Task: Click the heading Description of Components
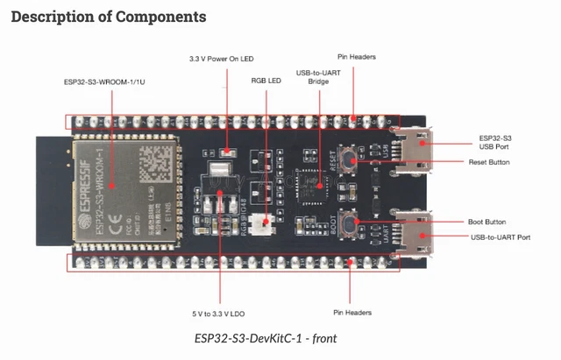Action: [109, 17]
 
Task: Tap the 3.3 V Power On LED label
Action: [221, 58]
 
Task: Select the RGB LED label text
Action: [266, 80]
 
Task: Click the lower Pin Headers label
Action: [352, 312]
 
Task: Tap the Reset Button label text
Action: [489, 162]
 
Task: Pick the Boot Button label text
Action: [488, 222]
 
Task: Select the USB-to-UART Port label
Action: [500, 236]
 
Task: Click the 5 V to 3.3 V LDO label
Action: [217, 312]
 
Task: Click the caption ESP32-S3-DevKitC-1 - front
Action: [266, 338]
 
